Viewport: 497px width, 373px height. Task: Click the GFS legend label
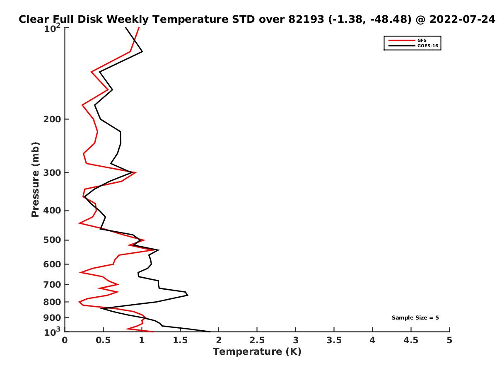(x=422, y=40)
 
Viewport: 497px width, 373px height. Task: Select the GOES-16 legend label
(x=428, y=46)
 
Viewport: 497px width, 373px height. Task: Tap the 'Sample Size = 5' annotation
(x=415, y=318)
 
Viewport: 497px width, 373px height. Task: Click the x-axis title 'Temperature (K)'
(x=257, y=352)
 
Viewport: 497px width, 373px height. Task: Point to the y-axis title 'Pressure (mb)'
(x=35, y=179)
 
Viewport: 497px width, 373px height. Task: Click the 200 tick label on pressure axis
(x=52, y=119)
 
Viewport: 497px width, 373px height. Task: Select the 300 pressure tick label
(x=52, y=173)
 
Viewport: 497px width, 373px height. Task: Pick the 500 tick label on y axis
(x=52, y=240)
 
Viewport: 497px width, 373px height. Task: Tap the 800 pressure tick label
(x=52, y=302)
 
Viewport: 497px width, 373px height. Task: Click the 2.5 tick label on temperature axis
(x=257, y=340)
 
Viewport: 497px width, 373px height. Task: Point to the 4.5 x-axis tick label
(x=411, y=340)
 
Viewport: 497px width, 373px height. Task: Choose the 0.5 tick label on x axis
(x=103, y=340)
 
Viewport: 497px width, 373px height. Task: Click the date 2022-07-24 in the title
(x=462, y=19)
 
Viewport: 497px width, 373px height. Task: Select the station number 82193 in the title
(x=306, y=19)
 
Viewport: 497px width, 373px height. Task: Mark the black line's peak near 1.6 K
(x=188, y=295)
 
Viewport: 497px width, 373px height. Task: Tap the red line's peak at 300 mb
(x=135, y=172)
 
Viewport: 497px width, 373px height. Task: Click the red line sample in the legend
(x=402, y=40)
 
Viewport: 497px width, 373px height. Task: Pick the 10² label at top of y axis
(x=52, y=28)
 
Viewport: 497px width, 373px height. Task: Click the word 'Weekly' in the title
(x=128, y=19)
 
